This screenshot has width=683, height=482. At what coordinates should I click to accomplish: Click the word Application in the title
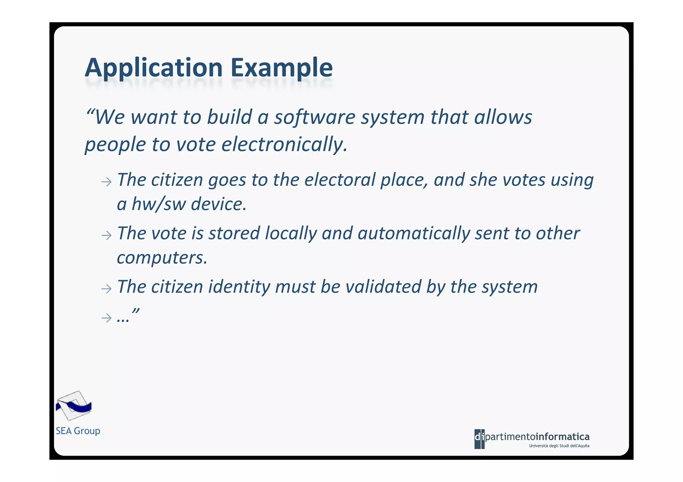pos(154,68)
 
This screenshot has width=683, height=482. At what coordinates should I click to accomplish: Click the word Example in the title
pos(281,68)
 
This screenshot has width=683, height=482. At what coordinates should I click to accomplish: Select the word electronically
pos(284,145)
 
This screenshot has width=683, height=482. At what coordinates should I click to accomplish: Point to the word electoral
pos(340,180)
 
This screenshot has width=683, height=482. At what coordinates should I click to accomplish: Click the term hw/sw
pos(159,204)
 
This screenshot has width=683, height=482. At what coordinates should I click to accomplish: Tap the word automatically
pos(414,233)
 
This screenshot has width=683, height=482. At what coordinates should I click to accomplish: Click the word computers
pos(162,258)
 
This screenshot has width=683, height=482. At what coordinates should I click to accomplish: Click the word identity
pos(239,287)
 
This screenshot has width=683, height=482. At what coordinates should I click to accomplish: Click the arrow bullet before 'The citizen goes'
pos(106,182)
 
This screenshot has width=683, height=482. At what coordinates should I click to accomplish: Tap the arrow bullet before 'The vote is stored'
pos(106,236)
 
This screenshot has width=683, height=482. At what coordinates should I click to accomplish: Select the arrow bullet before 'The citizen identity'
pos(106,288)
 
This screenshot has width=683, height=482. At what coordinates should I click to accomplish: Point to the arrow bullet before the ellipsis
pos(106,318)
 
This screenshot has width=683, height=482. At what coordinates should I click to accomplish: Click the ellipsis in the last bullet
pos(123,320)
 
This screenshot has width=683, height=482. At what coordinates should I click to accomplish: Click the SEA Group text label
pos(78,431)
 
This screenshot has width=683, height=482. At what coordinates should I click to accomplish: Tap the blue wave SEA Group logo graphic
pos(73,406)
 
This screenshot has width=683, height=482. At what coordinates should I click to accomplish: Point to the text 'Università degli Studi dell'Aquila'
pos(559,446)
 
